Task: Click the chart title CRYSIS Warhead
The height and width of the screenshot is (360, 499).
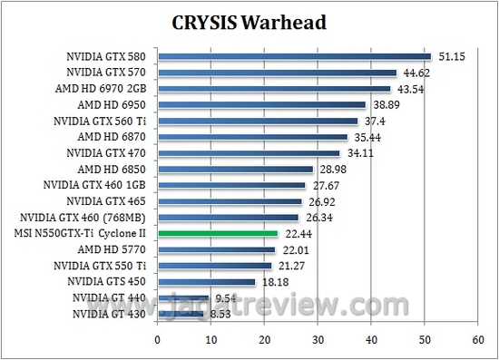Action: (x=249, y=23)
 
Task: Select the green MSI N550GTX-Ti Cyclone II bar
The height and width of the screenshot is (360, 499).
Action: (x=218, y=233)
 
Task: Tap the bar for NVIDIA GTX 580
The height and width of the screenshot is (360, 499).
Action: (x=294, y=56)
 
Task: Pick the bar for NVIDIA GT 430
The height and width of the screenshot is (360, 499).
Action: (x=181, y=313)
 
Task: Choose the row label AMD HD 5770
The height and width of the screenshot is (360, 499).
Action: (x=114, y=249)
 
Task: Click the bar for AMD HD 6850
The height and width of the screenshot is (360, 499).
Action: (x=235, y=169)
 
